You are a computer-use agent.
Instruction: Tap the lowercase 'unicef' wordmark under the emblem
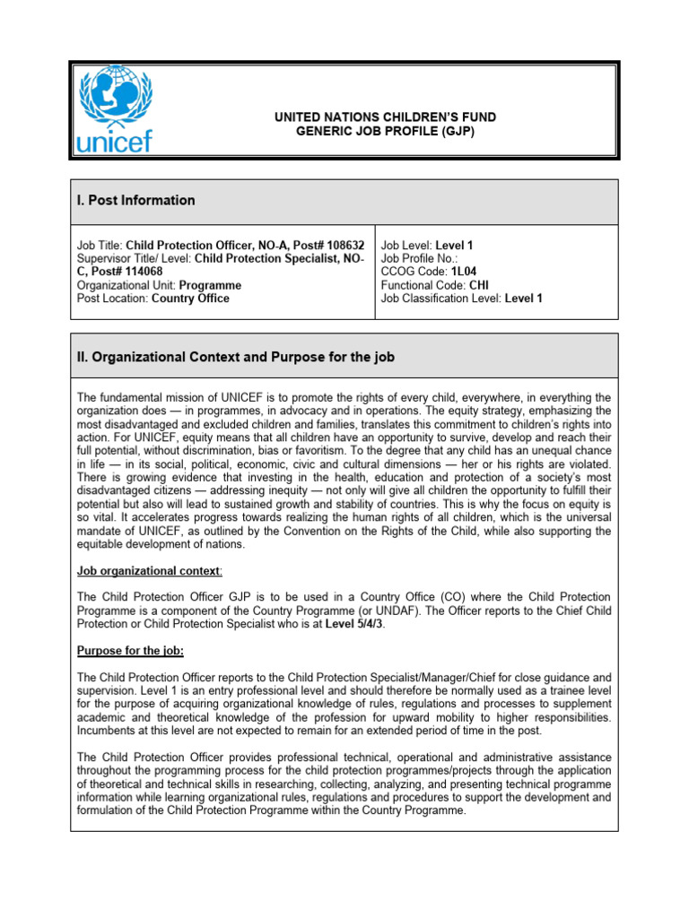(115, 141)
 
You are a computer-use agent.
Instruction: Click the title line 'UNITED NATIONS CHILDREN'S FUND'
(385, 117)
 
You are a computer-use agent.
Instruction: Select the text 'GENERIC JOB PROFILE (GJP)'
(385, 131)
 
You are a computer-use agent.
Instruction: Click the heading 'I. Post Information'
(135, 200)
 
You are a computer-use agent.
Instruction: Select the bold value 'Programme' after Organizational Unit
(211, 284)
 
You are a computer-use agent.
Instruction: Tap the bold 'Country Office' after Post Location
(190, 298)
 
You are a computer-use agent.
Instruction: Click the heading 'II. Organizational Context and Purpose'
(235, 357)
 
